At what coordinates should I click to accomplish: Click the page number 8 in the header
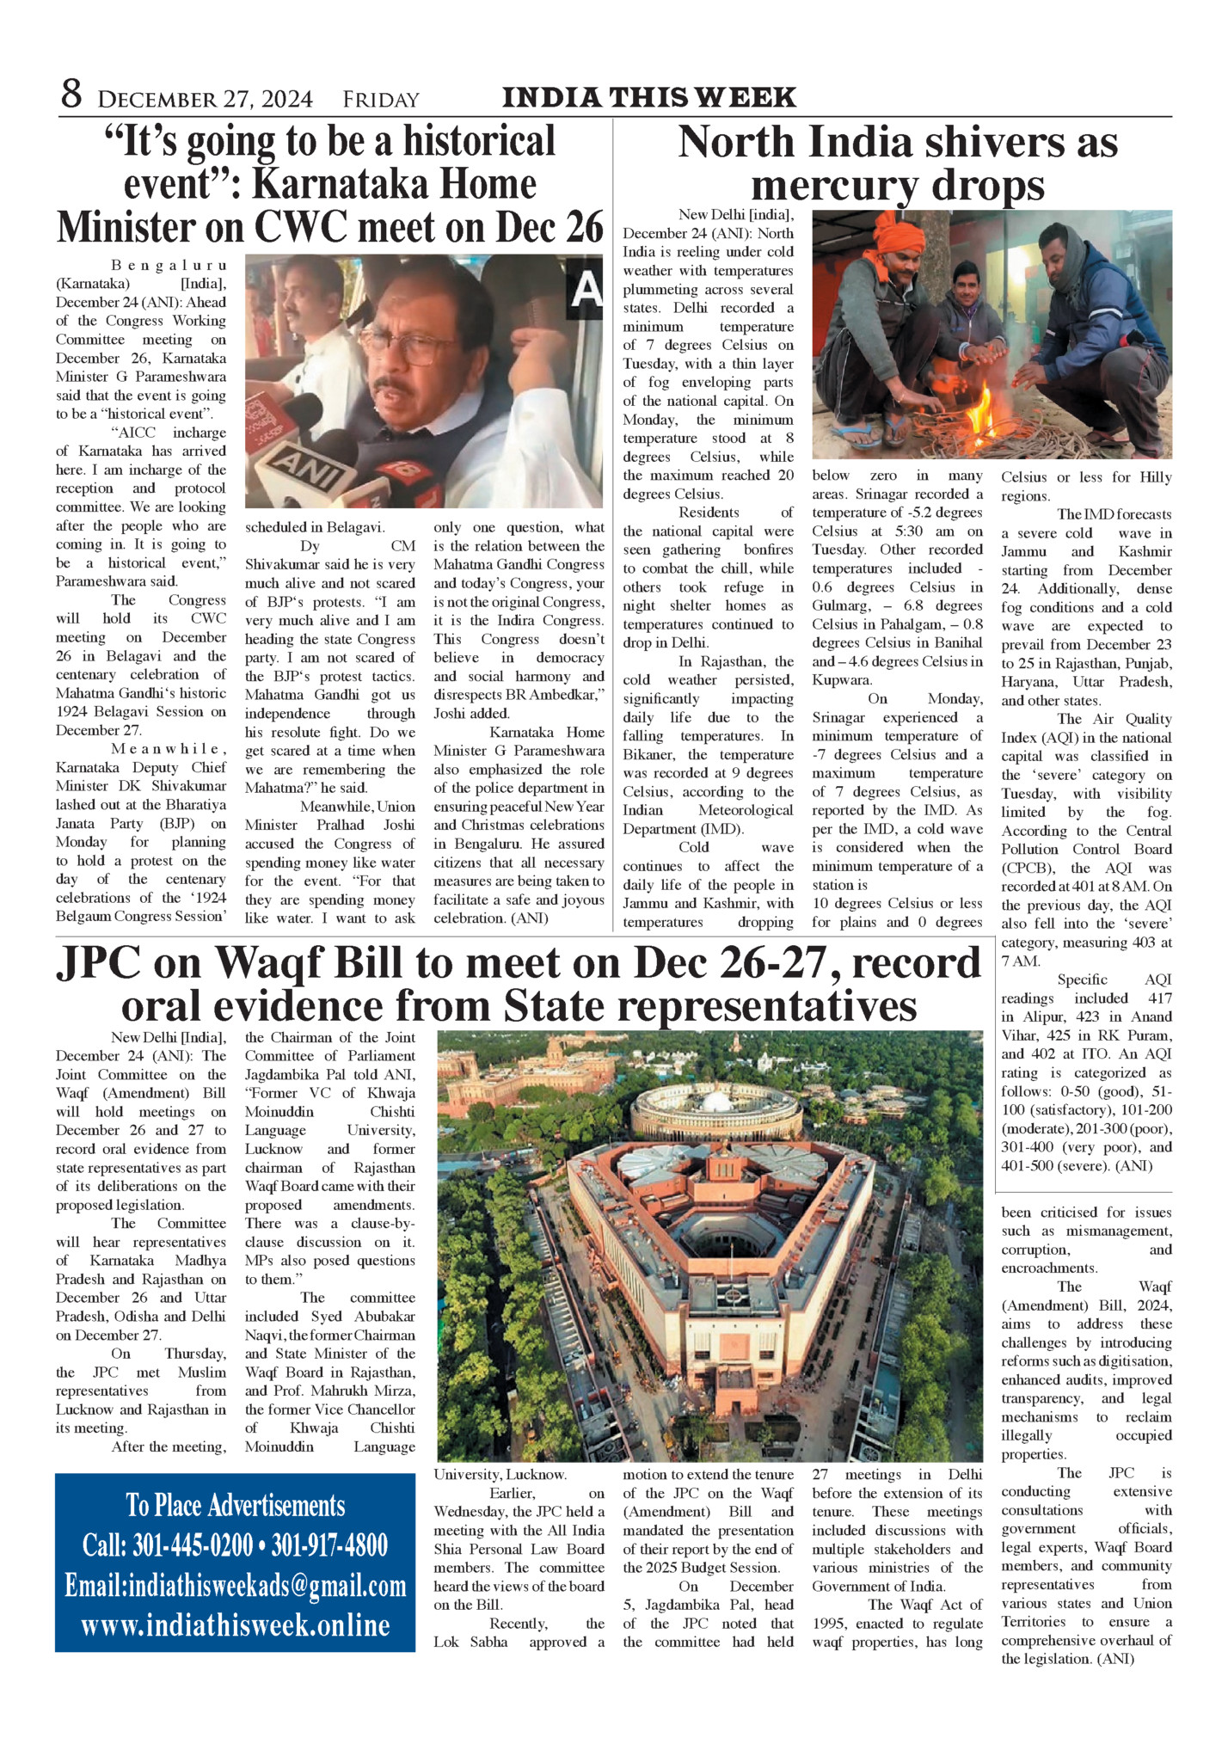pos(71,95)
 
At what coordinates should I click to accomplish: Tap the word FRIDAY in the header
pos(381,100)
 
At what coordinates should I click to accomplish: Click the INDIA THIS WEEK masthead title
pos(649,97)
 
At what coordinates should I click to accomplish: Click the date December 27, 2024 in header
pos(206,100)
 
